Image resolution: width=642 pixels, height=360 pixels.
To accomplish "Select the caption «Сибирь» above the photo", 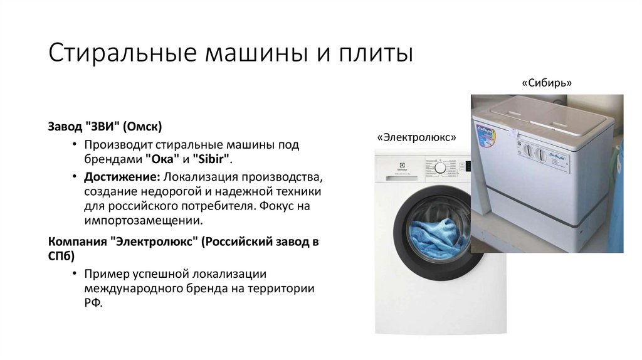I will click(547, 83).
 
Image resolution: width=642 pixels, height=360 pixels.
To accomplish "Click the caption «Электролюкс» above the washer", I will click(416, 137).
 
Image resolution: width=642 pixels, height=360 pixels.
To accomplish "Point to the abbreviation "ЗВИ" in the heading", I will click(101, 127).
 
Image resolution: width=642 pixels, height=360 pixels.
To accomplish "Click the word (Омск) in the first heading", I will click(143, 127).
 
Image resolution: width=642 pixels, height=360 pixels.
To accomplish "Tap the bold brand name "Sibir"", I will click(211, 160).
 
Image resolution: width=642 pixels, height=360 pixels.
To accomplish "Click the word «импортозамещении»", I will click(144, 221).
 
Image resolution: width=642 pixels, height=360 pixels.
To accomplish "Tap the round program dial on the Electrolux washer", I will click(441, 168).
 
